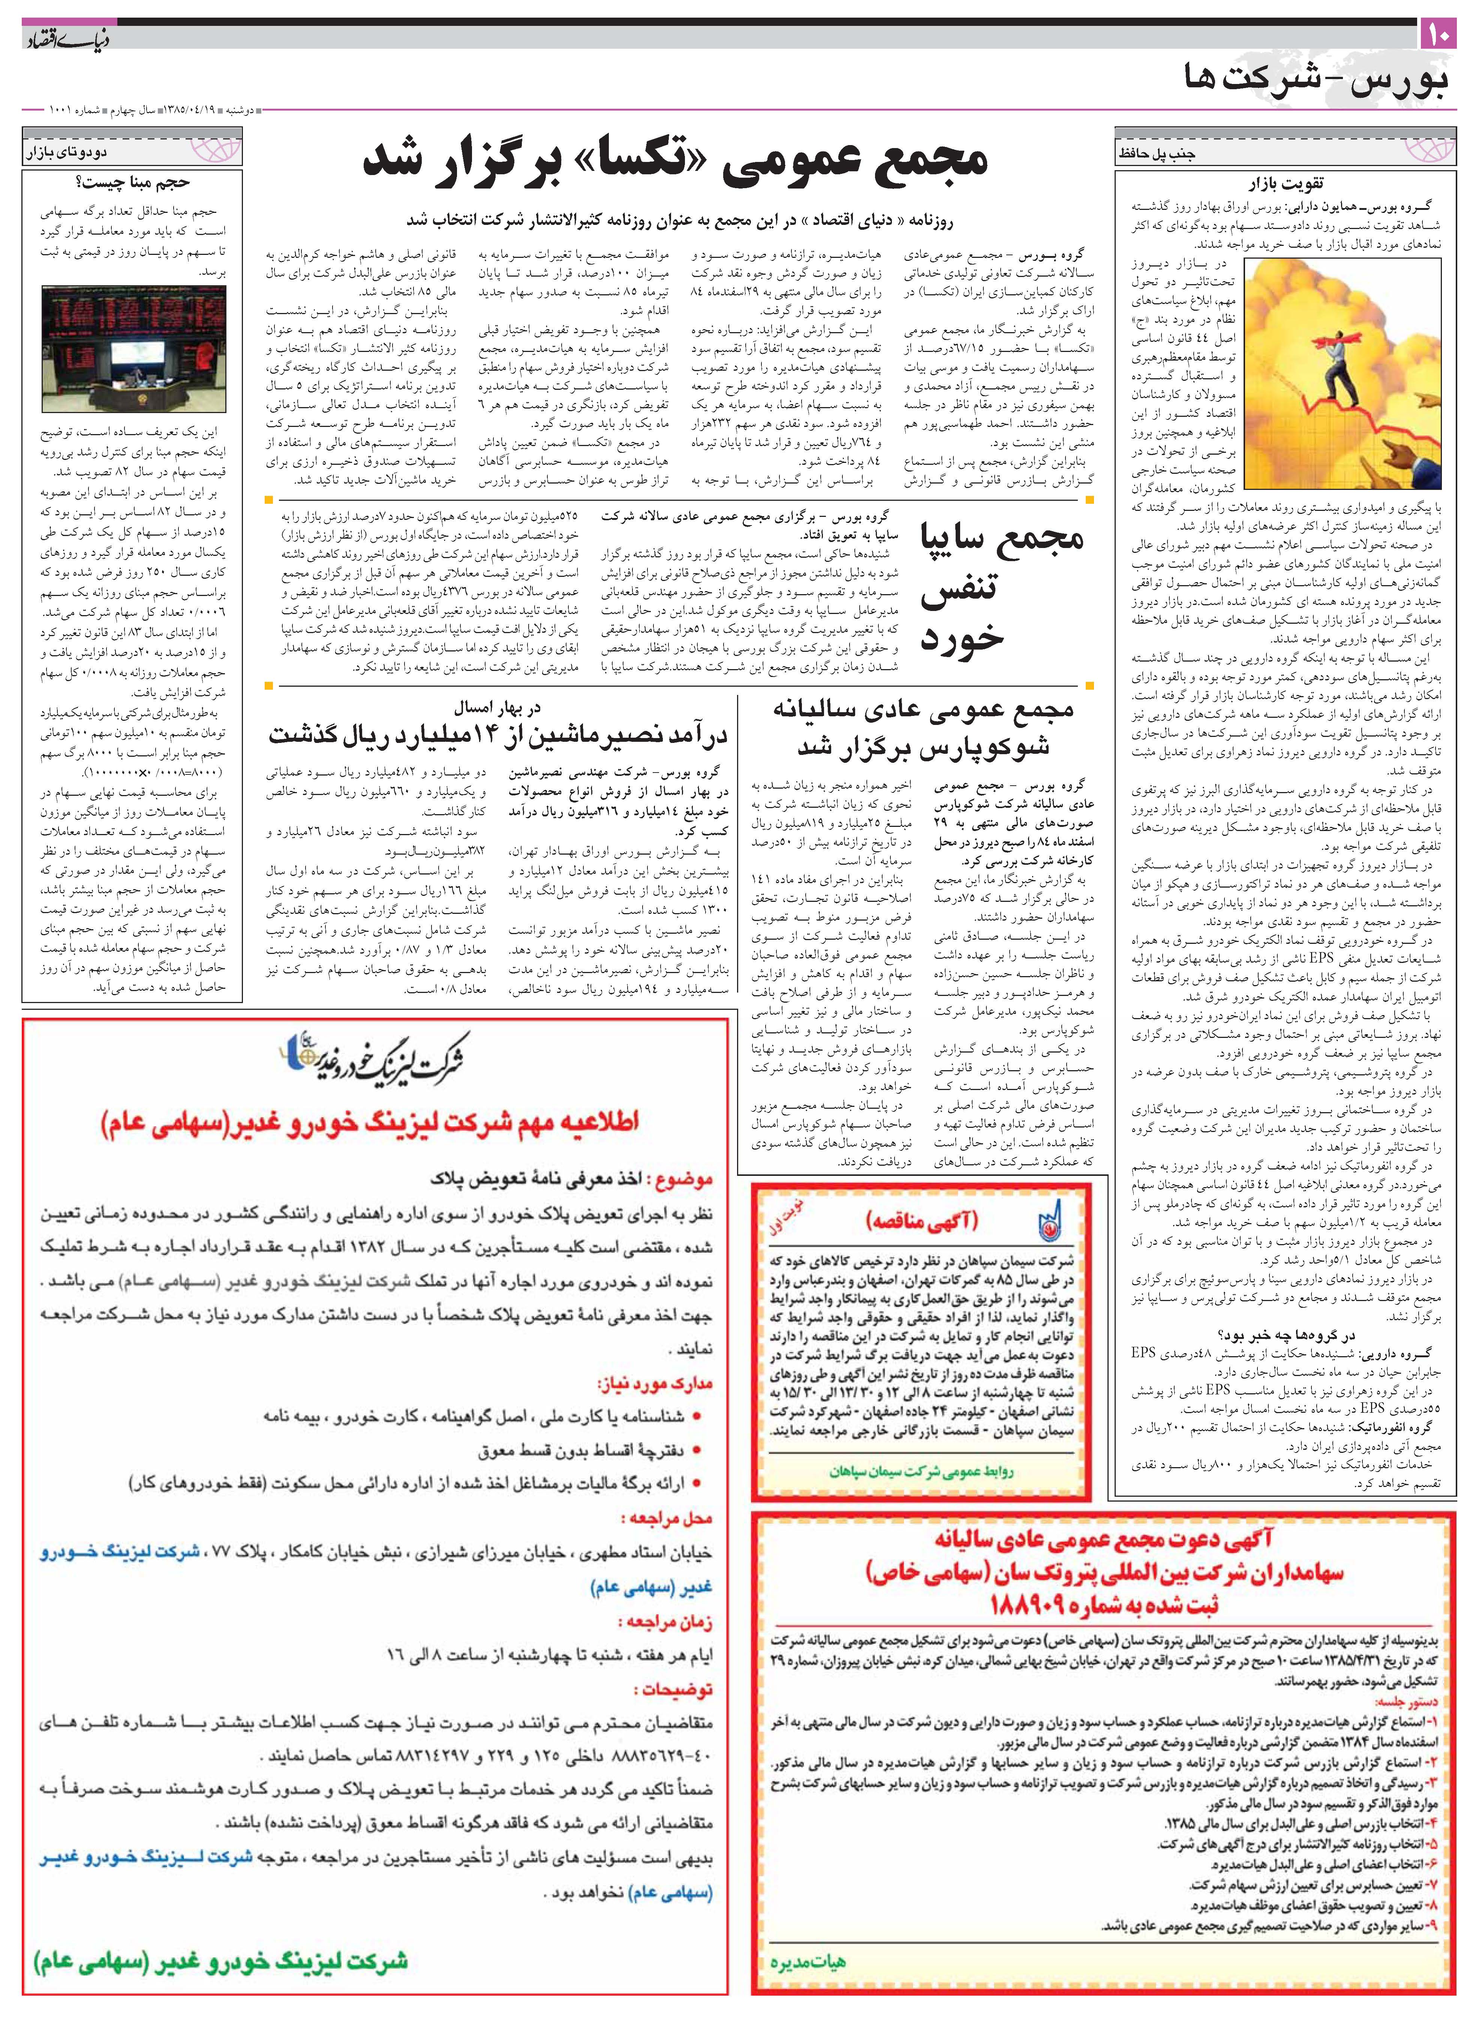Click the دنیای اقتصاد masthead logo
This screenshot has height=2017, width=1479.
(x=55, y=39)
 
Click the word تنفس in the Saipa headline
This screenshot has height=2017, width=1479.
(x=958, y=588)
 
